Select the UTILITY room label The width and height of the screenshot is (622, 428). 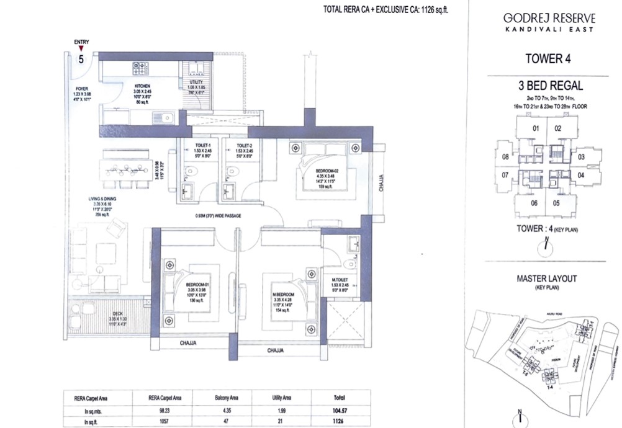(196, 82)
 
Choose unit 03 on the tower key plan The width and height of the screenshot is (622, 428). (581, 158)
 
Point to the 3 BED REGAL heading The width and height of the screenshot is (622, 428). (546, 87)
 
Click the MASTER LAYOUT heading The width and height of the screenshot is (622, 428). (547, 279)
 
